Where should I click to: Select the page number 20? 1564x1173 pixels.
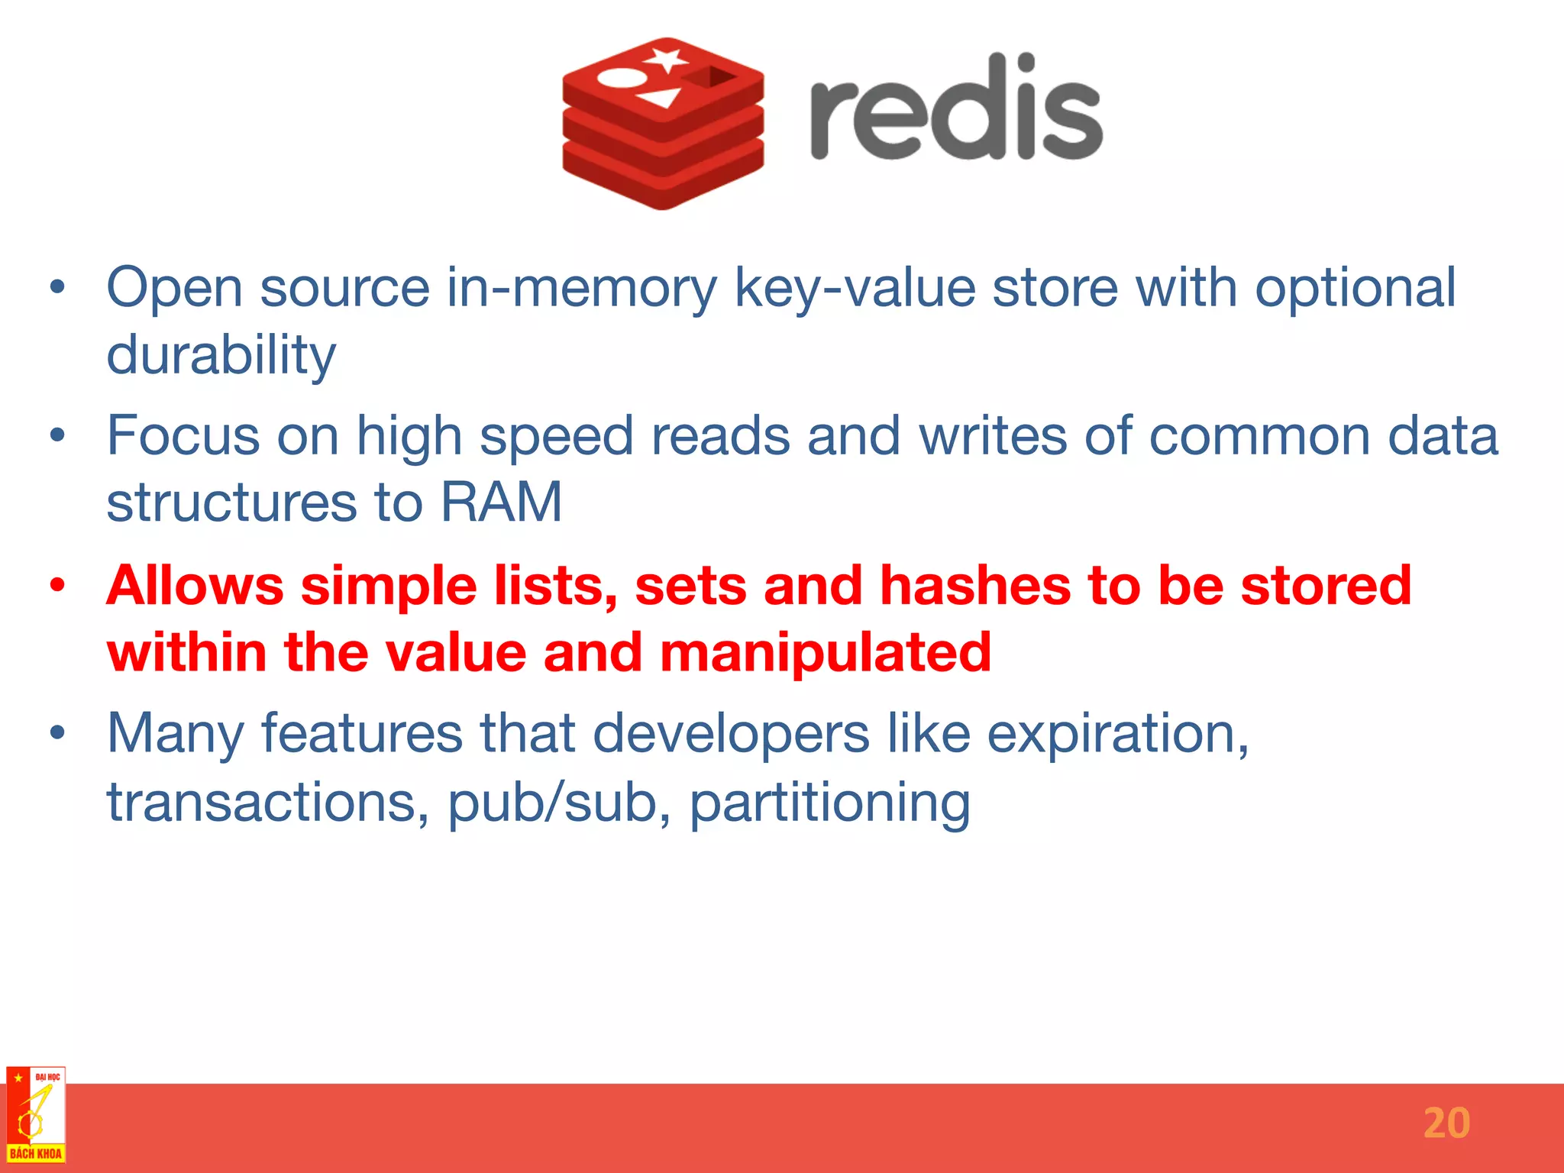(x=1446, y=1123)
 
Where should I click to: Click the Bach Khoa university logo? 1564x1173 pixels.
(x=35, y=1115)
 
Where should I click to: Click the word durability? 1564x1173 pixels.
(x=221, y=355)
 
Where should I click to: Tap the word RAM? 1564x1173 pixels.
(x=502, y=502)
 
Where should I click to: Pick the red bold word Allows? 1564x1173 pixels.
(x=195, y=586)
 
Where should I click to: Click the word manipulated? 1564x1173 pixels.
(x=826, y=654)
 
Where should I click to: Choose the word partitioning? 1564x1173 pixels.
(x=830, y=803)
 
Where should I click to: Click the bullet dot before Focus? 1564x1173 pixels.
(x=57, y=436)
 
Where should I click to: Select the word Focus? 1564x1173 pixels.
(x=183, y=436)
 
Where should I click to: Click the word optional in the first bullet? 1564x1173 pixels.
(x=1356, y=289)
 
